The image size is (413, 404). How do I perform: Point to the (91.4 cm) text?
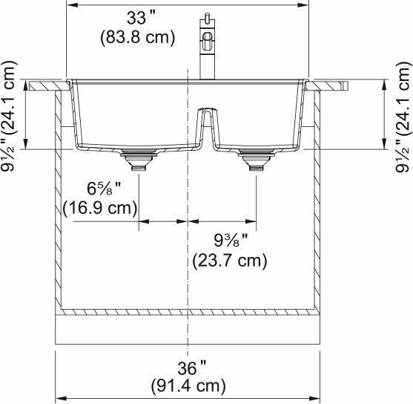click(x=188, y=386)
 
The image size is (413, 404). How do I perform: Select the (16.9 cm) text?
click(x=100, y=208)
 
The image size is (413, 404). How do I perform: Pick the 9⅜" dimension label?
click(x=229, y=241)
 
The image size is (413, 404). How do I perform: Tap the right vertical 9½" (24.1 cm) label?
click(x=402, y=116)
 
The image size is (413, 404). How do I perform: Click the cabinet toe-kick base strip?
click(x=188, y=328)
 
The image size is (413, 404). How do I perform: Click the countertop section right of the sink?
click(x=329, y=85)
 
